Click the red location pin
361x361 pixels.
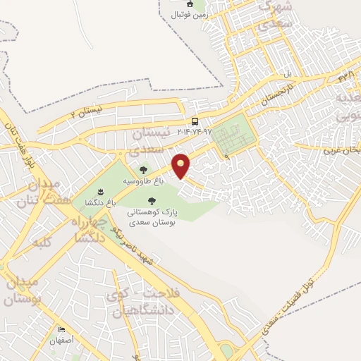[182, 165]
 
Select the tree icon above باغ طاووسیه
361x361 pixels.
[144, 169]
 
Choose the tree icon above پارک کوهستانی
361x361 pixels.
[152, 200]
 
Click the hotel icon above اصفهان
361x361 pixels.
[61, 330]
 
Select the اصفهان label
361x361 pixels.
[62, 341]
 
